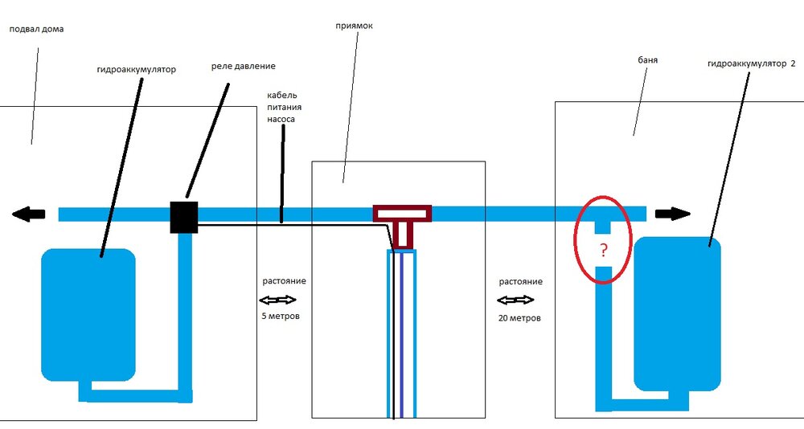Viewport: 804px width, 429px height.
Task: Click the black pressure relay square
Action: [x=183, y=217]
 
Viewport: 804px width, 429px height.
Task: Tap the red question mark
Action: [x=603, y=250]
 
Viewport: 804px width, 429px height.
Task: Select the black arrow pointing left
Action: [x=28, y=214]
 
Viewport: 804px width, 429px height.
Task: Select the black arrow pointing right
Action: [x=672, y=214]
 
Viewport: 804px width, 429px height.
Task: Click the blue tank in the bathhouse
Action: [x=677, y=313]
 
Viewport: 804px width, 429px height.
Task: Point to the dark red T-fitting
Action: [x=402, y=215]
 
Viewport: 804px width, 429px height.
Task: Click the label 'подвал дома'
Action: [x=36, y=29]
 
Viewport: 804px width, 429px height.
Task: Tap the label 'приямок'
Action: [x=354, y=26]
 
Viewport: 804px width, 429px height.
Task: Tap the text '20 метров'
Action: [x=519, y=317]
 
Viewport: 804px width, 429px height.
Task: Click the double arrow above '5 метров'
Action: [x=277, y=300]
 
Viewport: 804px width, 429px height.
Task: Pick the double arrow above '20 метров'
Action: [x=515, y=300]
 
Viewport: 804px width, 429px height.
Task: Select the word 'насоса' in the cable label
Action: [x=282, y=118]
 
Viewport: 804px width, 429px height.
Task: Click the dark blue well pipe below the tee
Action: [x=402, y=337]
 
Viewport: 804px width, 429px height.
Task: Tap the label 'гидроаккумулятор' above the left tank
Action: [x=136, y=70]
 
